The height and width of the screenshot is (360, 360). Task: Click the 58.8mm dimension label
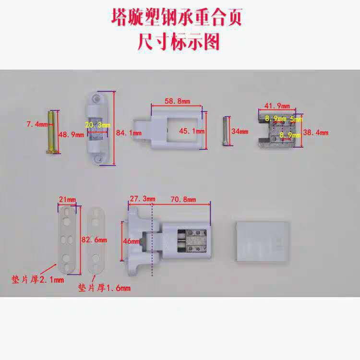pyautogui.click(x=177, y=101)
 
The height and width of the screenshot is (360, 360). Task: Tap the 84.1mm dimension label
pyautogui.click(x=131, y=132)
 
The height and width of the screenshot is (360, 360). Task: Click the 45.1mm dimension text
pyautogui.click(x=192, y=131)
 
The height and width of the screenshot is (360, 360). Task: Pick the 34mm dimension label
pyautogui.click(x=240, y=131)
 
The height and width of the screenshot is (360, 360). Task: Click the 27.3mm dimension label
pyautogui.click(x=143, y=199)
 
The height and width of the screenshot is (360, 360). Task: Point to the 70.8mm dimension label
pyautogui.click(x=183, y=199)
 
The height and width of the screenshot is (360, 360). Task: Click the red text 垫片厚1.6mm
pyautogui.click(x=104, y=288)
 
